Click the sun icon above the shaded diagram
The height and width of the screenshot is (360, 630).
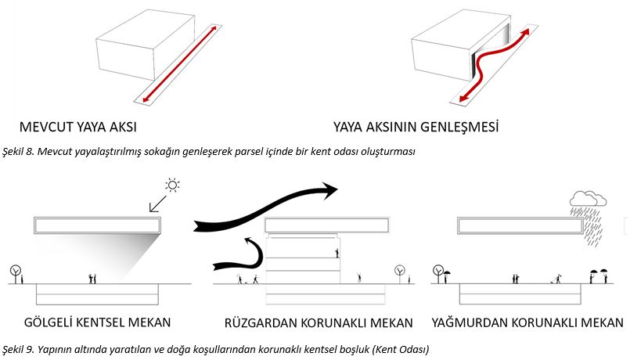pyautogui.click(x=172, y=185)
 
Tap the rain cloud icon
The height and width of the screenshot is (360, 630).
pyautogui.click(x=588, y=199)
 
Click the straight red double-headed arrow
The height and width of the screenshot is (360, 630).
pyautogui.click(x=179, y=64)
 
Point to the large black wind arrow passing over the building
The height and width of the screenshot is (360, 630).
pyautogui.click(x=265, y=207)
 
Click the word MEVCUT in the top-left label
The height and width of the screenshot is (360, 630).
pyautogui.click(x=46, y=128)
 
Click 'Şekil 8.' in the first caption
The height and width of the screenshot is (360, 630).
pyautogui.click(x=18, y=152)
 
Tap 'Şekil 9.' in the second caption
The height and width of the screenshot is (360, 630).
pyautogui.click(x=18, y=349)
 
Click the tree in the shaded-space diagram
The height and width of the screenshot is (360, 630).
pyautogui.click(x=16, y=274)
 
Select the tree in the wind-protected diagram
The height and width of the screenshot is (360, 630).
pyautogui.click(x=400, y=274)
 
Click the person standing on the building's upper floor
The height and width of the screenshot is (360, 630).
pyautogui.click(x=337, y=253)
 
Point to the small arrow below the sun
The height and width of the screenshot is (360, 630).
pyautogui.click(x=157, y=203)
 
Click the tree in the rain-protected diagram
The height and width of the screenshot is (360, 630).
pyautogui.click(x=438, y=274)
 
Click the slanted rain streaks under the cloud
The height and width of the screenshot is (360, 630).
pyautogui.click(x=588, y=226)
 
